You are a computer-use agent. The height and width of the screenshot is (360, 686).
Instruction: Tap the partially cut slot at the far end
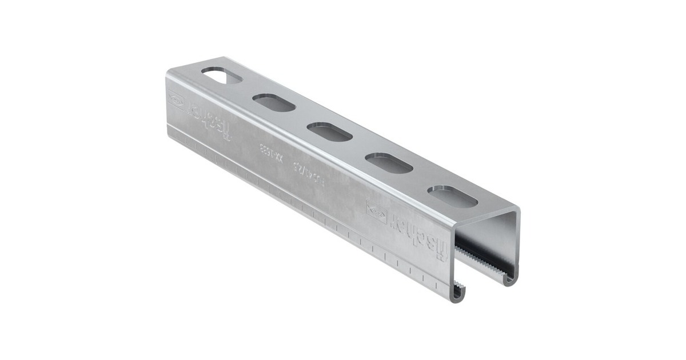(x=221, y=75)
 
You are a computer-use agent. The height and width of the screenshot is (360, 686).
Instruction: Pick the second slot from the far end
(x=274, y=103)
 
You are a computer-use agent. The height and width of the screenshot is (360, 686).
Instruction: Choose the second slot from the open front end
(x=389, y=163)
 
